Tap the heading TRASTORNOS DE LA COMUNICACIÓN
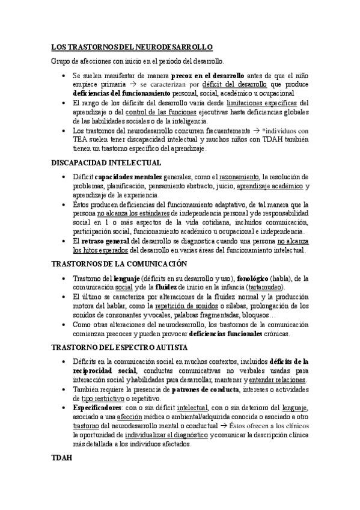coord(118,264)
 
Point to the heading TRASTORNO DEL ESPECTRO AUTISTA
coord(120,348)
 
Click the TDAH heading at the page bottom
coord(61,458)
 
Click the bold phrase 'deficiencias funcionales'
coord(226,333)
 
